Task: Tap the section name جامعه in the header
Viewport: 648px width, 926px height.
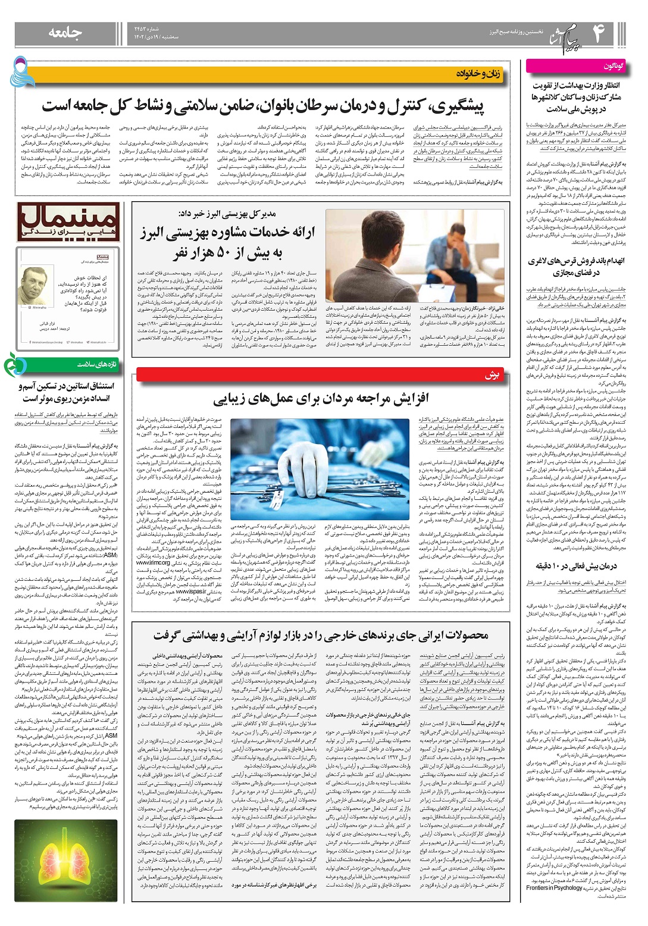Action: click(65, 33)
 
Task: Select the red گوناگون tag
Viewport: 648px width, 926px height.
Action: click(612, 65)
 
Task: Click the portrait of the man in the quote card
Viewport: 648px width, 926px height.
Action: click(33, 286)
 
